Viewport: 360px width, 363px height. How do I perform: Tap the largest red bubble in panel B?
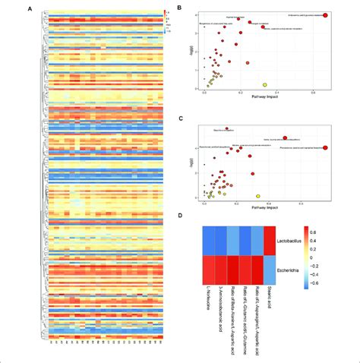(326, 14)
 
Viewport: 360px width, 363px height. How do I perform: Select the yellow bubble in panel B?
(265, 84)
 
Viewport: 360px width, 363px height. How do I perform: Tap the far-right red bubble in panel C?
(325, 147)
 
